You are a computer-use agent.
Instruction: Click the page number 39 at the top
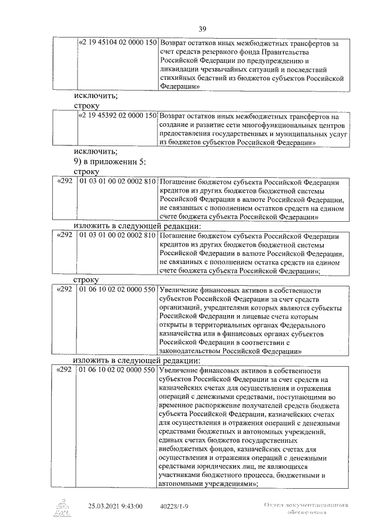pyautogui.click(x=202, y=29)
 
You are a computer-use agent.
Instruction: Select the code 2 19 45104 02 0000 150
pyautogui.click(x=118, y=43)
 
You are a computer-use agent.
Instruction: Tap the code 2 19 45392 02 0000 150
pyautogui.click(x=118, y=116)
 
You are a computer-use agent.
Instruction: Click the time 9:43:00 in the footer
pyautogui.click(x=132, y=505)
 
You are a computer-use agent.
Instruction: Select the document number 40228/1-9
pyautogui.click(x=174, y=505)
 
